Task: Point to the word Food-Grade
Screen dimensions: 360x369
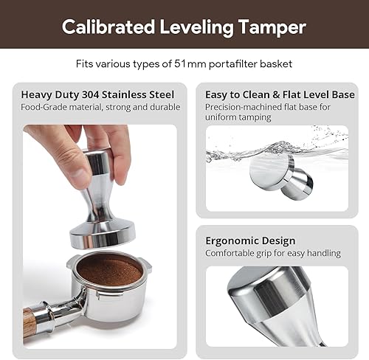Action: [46, 107]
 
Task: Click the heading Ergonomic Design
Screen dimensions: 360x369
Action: [250, 240]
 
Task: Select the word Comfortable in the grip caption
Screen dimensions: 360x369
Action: [232, 253]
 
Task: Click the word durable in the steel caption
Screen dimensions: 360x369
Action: [165, 107]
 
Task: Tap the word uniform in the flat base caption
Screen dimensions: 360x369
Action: [222, 117]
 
